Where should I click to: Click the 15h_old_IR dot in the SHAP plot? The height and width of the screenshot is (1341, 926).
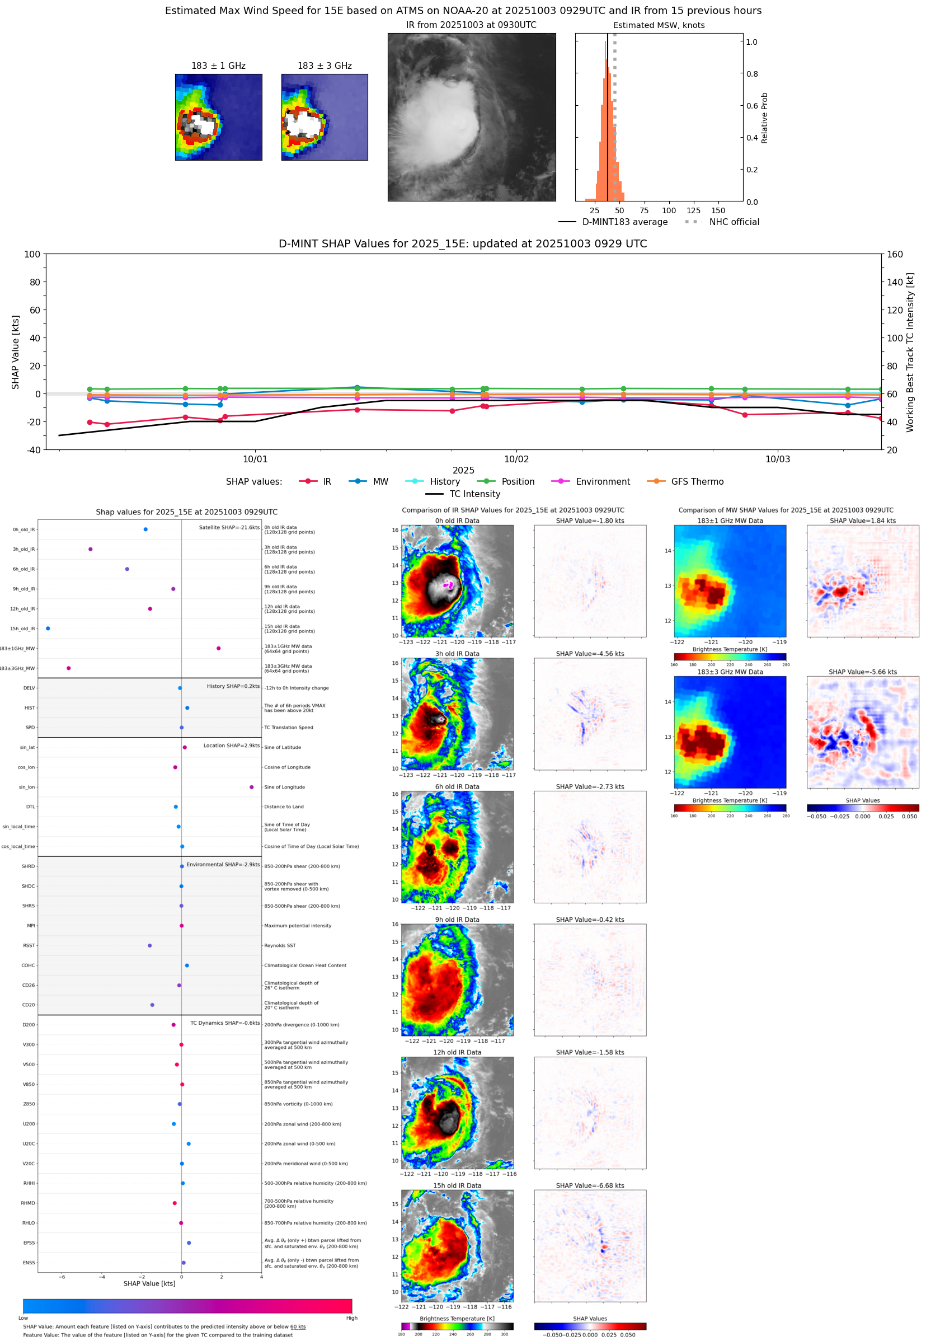click(x=48, y=629)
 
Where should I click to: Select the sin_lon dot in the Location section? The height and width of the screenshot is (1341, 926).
click(x=251, y=787)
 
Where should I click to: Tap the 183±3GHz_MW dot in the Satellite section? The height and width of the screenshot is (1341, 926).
click(x=68, y=668)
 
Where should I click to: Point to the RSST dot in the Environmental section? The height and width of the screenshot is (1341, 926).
click(x=150, y=945)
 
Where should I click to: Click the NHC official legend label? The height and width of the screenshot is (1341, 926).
click(x=734, y=222)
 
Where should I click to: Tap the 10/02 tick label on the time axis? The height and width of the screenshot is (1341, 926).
click(x=516, y=459)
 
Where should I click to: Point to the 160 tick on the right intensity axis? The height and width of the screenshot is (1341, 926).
click(x=895, y=254)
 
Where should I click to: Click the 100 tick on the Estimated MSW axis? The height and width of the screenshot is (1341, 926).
click(x=669, y=210)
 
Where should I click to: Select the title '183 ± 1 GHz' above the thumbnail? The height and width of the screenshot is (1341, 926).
click(x=218, y=66)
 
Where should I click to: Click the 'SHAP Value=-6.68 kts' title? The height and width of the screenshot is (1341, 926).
click(x=590, y=1185)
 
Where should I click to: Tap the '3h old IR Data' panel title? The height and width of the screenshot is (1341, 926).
click(x=457, y=653)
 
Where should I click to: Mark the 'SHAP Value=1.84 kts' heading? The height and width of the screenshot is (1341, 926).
click(x=862, y=521)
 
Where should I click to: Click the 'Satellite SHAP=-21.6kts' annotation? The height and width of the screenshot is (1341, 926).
click(x=229, y=527)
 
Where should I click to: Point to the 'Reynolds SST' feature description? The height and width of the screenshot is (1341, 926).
click(x=280, y=945)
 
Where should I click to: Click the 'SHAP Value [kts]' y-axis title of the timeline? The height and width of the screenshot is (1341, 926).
click(x=16, y=351)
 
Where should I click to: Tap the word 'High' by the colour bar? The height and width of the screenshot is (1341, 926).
click(x=351, y=1318)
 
